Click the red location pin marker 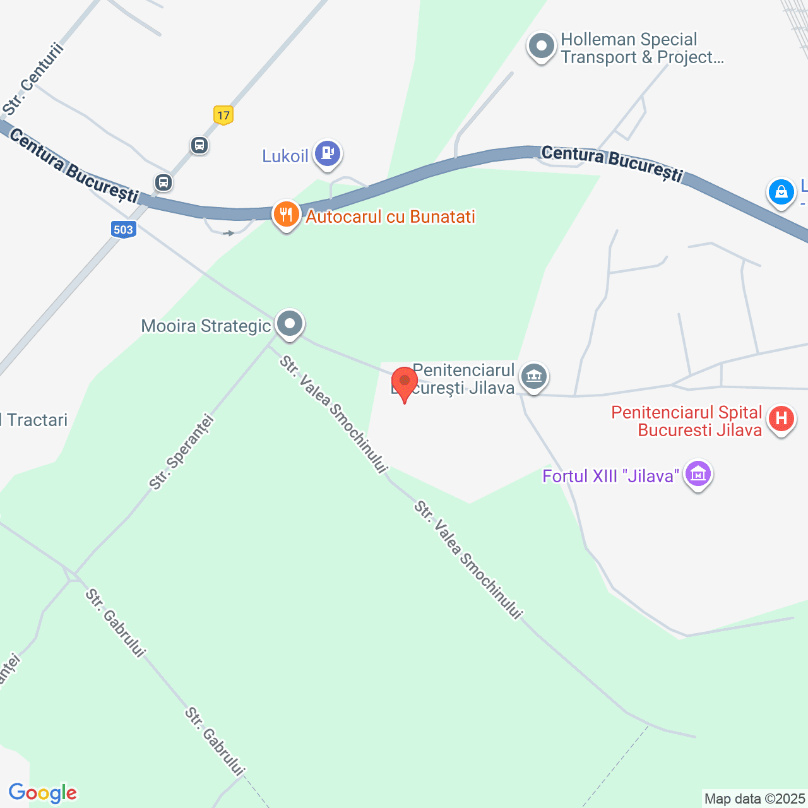click(x=404, y=383)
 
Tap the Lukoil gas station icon click(x=328, y=153)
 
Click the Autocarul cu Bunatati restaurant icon click(x=286, y=215)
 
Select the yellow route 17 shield click(x=223, y=115)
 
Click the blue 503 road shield click(x=123, y=229)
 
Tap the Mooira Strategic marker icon click(x=290, y=324)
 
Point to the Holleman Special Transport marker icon click(x=541, y=46)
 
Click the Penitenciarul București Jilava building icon click(x=534, y=377)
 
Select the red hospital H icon click(x=781, y=419)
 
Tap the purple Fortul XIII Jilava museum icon click(x=698, y=473)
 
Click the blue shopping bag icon click(x=781, y=191)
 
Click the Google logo click(x=43, y=793)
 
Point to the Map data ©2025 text click(x=755, y=799)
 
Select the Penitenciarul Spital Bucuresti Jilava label click(x=687, y=421)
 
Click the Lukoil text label click(x=285, y=156)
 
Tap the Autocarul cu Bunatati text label click(x=390, y=217)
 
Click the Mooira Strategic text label click(x=206, y=326)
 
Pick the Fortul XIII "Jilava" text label click(x=610, y=476)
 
